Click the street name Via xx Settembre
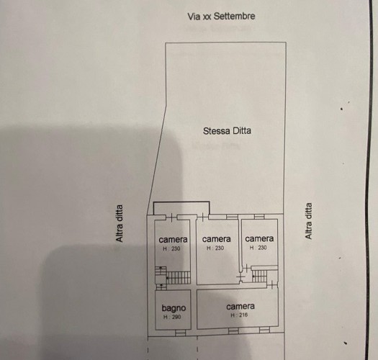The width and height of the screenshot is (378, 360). coord(221,17)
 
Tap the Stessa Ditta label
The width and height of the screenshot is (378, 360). coord(227,131)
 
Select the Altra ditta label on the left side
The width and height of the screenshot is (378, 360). coord(120,223)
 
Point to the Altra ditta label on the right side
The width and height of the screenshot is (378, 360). coord(308,221)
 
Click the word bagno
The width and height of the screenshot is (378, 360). coord(174,308)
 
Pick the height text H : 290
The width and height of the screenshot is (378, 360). coord(172,317)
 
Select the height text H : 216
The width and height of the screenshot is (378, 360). coord(239,315)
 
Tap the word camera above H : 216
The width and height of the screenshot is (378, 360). coord(240,307)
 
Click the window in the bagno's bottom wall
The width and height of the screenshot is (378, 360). coord(180,333)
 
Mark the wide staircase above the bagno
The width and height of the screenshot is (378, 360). coord(178,277)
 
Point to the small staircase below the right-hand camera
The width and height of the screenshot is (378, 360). coord(259,276)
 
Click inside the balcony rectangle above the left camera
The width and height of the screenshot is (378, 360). coord(181,208)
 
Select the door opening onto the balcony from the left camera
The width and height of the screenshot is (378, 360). coord(171,217)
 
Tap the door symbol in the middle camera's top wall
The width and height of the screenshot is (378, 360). coord(203,217)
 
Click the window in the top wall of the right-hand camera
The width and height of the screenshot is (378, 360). coord(259,217)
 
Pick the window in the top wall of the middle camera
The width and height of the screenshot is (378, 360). coord(232,217)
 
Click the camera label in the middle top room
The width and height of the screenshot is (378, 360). coord(217,239)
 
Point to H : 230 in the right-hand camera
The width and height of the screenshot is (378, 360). coord(258,248)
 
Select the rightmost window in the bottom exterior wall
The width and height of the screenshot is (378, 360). coord(264,330)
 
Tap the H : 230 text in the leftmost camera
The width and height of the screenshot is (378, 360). coord(171,248)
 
